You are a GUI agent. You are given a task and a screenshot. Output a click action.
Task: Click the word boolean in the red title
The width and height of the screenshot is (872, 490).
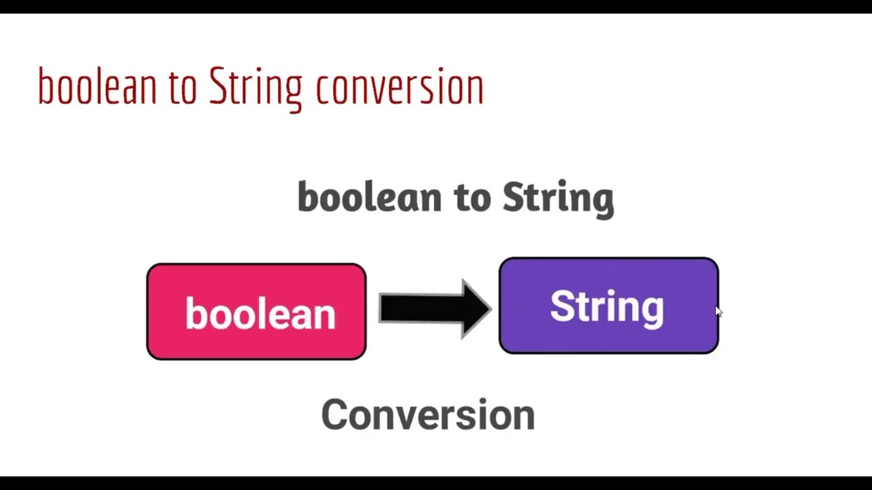click(97, 87)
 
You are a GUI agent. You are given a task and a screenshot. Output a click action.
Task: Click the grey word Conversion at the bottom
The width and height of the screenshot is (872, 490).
click(428, 414)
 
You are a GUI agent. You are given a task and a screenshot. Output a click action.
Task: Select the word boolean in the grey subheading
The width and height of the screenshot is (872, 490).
click(369, 197)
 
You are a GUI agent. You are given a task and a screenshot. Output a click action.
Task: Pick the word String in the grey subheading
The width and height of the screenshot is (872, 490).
click(558, 198)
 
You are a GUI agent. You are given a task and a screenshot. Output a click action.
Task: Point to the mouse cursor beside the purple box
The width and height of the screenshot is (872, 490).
click(718, 311)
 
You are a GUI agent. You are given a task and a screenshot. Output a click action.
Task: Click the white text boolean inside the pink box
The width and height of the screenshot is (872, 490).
click(260, 314)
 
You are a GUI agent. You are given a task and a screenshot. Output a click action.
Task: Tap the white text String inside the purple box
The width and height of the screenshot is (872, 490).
click(607, 306)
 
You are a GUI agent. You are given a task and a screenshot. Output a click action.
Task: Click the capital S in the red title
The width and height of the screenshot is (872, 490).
click(217, 86)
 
